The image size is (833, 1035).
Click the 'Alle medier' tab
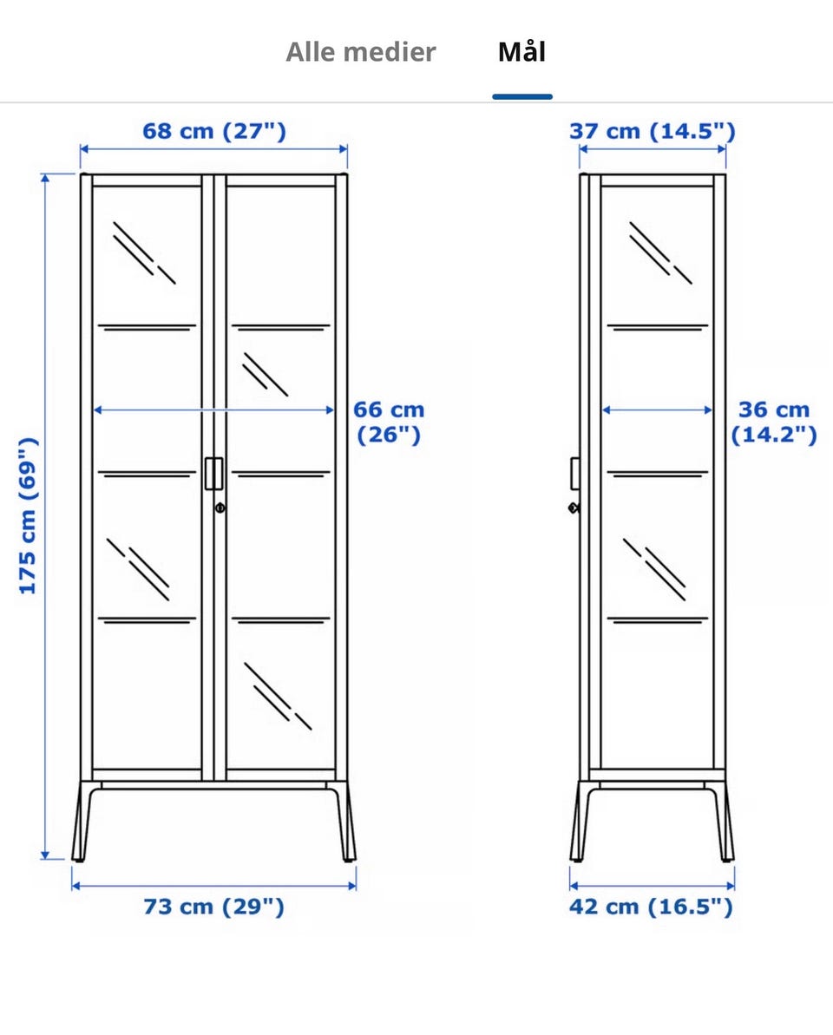[x=360, y=52]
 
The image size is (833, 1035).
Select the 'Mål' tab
[x=521, y=51]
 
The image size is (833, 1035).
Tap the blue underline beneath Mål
[x=522, y=97]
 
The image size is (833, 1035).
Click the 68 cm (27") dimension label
[x=214, y=131]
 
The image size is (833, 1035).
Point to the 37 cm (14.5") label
[x=653, y=131]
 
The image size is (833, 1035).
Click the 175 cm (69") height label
[x=28, y=515]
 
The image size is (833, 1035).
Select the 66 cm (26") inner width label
[x=389, y=422]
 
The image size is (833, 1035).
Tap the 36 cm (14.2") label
[x=774, y=422]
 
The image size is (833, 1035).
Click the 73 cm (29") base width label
[x=213, y=907]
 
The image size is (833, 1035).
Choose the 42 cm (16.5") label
[x=651, y=907]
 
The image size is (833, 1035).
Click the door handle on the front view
[x=213, y=474]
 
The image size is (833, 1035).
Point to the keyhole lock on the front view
[x=220, y=508]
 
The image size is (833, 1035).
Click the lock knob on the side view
[x=574, y=508]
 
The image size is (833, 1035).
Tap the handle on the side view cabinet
[x=575, y=474]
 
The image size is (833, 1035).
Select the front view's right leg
[x=344, y=822]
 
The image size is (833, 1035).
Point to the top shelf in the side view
[x=658, y=327]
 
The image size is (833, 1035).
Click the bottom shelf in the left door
[x=148, y=619]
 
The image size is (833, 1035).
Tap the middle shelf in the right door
[x=280, y=474]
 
